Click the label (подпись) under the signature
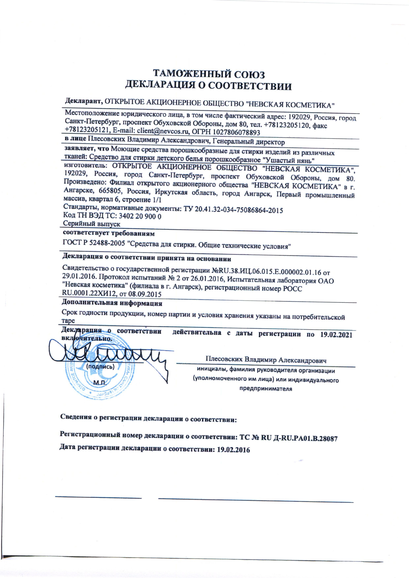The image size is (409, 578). click(x=100, y=367)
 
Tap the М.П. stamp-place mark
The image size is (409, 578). click(x=100, y=383)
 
